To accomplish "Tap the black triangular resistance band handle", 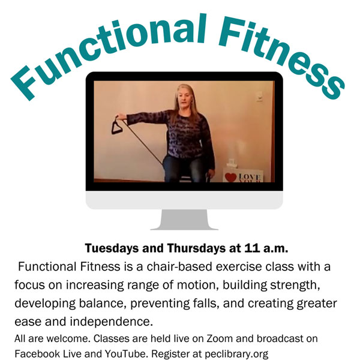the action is pos(117,125).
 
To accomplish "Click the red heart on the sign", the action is pos(230,177).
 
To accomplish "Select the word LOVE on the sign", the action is pos(249,177).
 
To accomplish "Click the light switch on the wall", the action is pos(259,96).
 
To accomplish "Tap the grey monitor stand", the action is pos(184,220).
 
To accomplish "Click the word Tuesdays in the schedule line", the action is pos(112,248).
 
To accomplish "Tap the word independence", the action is pos(112,322).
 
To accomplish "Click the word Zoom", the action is pos(220,339).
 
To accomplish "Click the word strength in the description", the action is pos(295,285).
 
